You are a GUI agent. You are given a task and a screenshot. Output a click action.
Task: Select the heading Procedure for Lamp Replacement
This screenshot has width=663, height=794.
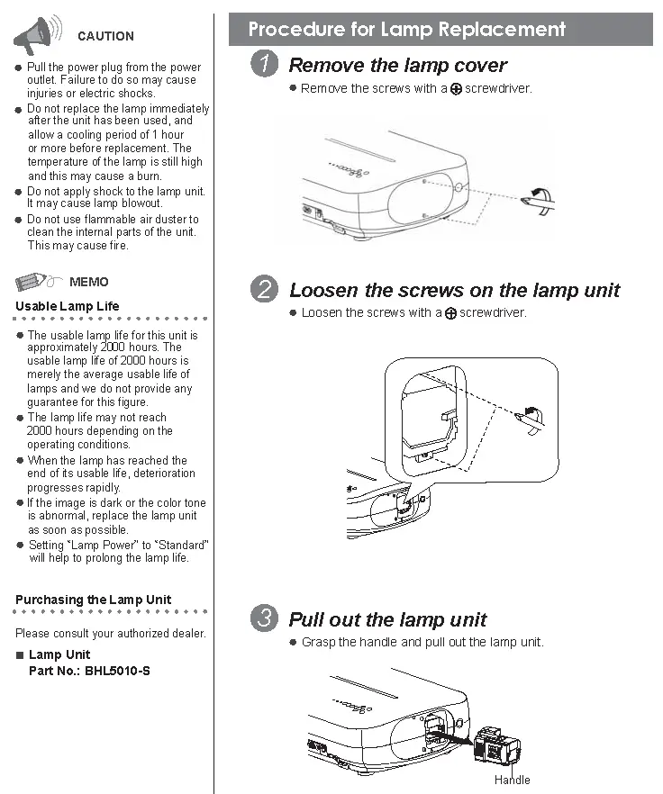[x=406, y=30]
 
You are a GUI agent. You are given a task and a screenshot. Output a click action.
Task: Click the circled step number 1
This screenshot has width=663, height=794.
[x=264, y=65]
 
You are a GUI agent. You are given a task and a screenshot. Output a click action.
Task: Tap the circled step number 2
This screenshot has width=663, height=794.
[x=264, y=290]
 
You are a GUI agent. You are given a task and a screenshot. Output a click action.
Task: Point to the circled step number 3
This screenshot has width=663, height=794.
[x=264, y=619]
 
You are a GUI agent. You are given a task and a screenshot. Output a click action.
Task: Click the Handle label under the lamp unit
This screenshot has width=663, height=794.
[x=512, y=780]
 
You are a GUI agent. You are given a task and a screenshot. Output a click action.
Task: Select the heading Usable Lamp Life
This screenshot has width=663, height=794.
[x=67, y=306]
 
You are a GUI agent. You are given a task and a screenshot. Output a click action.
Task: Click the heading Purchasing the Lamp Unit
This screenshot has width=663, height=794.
[x=93, y=600]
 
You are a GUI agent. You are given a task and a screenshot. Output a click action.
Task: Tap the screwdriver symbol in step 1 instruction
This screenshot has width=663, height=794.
[x=456, y=89]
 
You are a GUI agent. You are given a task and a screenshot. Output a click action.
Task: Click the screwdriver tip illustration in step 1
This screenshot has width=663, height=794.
[x=540, y=201]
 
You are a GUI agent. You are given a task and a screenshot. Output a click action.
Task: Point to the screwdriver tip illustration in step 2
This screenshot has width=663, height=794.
[x=531, y=417]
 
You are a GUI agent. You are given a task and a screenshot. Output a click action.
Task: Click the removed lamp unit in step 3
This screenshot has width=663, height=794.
[x=496, y=744]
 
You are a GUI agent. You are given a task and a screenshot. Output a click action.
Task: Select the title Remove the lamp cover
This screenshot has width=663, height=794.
[x=397, y=65]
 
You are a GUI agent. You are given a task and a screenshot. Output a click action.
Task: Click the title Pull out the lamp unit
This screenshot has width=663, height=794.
[x=387, y=619]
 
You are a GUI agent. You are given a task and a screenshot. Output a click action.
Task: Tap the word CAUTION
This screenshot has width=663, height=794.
[x=105, y=36]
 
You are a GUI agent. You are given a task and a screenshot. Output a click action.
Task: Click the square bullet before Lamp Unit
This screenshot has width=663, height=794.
[x=20, y=655]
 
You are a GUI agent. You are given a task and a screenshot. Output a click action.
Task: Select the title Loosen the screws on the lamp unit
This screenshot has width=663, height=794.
[x=454, y=290]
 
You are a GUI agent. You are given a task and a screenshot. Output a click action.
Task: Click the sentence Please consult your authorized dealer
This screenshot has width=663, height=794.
[x=110, y=633]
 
